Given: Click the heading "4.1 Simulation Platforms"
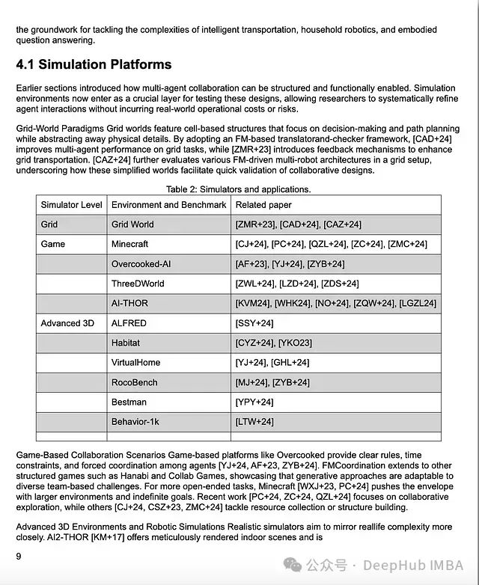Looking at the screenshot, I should pos(94,64).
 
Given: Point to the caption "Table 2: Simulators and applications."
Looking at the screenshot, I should pos(238,189).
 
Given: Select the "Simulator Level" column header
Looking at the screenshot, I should pos(72,205).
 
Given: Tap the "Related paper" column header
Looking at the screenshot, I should pos(263,205).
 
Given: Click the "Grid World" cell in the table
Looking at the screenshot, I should pos(132,224).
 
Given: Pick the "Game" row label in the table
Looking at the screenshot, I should pos(53,244).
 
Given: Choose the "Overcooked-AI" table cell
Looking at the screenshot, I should pos(141,264).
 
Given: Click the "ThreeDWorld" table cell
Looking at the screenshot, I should pos(138,284).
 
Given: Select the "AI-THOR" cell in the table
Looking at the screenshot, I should pos(129,303).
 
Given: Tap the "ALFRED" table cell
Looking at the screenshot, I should pos(129,323).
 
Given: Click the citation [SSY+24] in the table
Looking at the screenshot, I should pos(254,323).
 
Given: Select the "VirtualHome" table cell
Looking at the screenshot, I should pos(135,363).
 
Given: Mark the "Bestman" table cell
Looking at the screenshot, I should pos(129,402).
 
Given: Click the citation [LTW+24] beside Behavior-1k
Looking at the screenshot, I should pos(254,422).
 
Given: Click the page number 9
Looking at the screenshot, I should pos(19,556).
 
